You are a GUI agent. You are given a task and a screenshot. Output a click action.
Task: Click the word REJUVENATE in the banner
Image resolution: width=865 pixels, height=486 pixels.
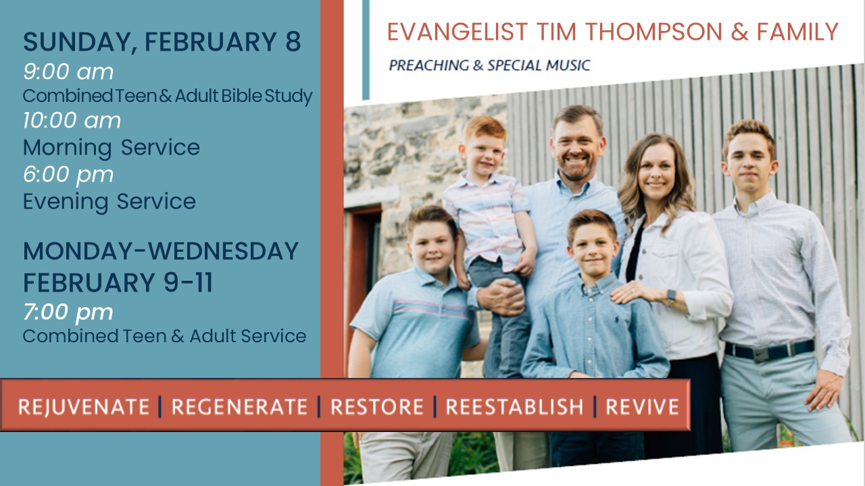click(x=84, y=407)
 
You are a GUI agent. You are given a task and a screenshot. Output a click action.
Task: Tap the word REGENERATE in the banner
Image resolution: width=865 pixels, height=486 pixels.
click(x=239, y=407)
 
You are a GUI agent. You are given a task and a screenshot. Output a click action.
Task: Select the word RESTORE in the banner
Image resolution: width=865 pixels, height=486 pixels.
click(x=377, y=407)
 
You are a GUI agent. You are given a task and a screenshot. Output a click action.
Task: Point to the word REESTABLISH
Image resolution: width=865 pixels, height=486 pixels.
click(x=514, y=407)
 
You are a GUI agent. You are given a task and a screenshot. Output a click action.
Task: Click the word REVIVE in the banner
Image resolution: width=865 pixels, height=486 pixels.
click(x=642, y=407)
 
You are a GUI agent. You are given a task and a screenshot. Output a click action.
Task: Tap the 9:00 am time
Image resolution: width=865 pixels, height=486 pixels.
click(x=68, y=72)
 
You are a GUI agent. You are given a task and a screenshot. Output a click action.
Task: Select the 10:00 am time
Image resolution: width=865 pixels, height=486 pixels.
click(x=72, y=120)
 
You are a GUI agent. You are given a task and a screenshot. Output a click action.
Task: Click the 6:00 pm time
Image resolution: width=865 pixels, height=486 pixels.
click(x=68, y=175)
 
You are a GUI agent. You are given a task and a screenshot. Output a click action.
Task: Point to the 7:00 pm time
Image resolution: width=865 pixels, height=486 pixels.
click(x=68, y=312)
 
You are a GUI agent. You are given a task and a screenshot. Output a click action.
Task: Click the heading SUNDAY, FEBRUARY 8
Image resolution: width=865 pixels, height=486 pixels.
click(x=162, y=42)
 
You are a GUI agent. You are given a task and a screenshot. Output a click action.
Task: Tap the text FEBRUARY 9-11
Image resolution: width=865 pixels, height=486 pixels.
click(x=118, y=283)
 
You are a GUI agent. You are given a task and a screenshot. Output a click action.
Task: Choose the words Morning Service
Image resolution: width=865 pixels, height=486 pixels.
click(x=112, y=148)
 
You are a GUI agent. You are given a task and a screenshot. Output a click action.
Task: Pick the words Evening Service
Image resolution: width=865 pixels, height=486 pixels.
click(x=109, y=202)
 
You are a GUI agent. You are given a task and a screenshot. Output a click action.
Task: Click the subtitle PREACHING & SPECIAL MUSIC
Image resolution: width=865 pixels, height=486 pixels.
click(x=490, y=65)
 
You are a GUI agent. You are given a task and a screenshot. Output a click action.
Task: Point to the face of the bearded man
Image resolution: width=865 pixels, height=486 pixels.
click(x=576, y=148)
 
